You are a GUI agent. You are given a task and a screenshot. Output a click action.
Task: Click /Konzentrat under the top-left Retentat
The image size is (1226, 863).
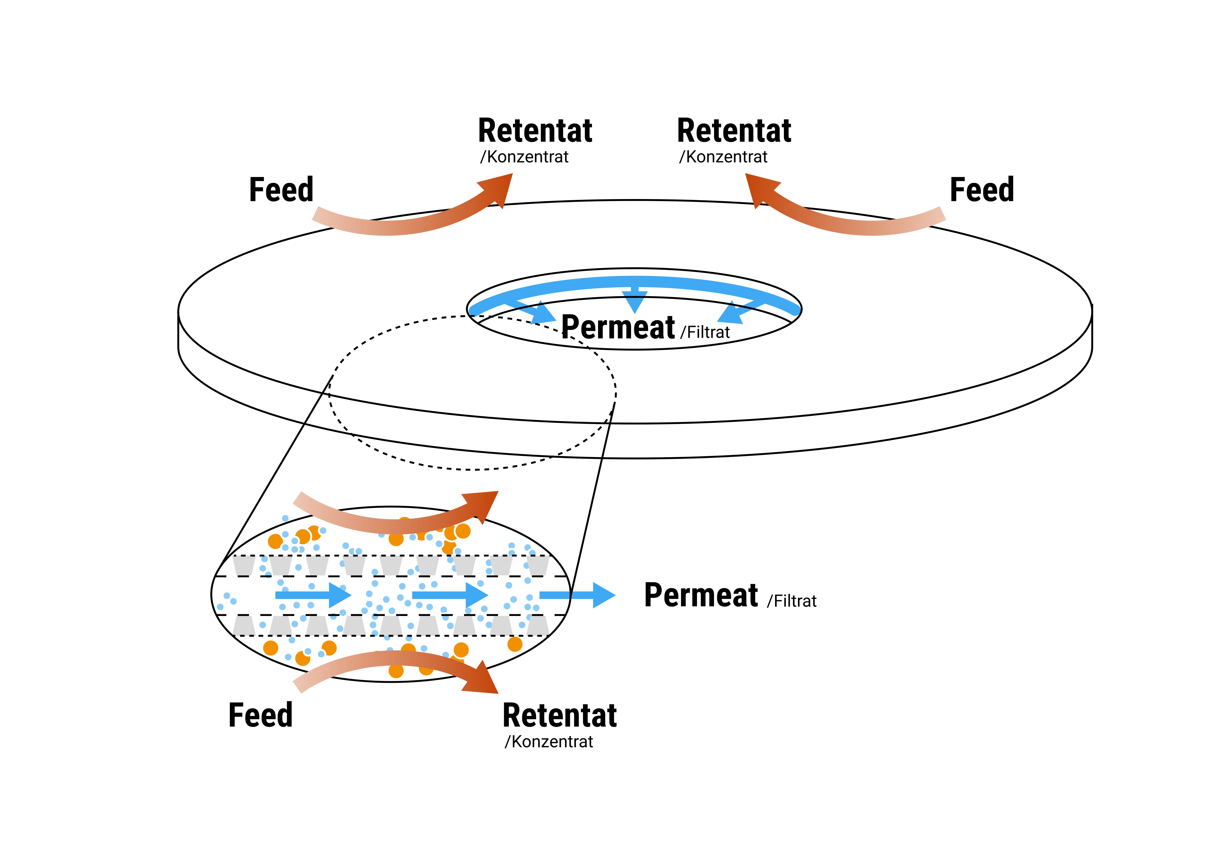524,157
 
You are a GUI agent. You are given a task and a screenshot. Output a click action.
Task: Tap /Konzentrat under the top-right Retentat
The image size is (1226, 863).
723,157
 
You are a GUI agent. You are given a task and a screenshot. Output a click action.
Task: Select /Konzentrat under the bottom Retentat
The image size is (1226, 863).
549,742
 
